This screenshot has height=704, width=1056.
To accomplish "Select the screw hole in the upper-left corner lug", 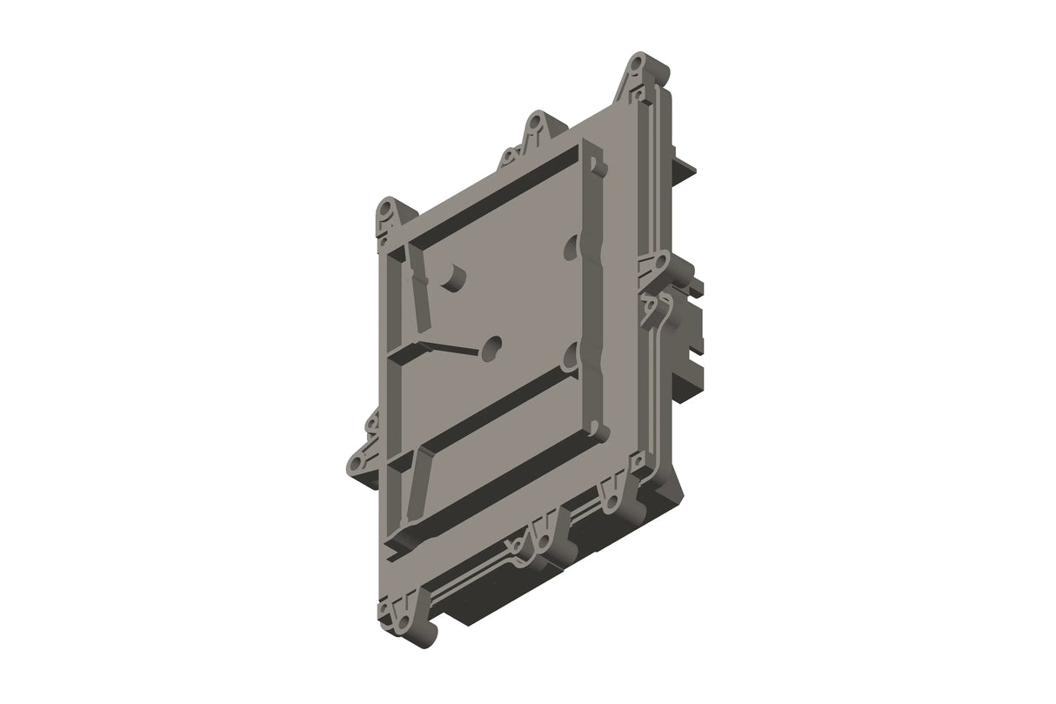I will [x=386, y=211].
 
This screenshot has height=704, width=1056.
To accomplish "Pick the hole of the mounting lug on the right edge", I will [x=660, y=260].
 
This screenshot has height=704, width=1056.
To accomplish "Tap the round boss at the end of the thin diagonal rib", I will [x=493, y=347].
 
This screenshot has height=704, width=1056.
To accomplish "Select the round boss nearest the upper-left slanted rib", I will [x=453, y=276].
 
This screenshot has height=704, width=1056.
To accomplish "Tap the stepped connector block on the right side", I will [x=692, y=331].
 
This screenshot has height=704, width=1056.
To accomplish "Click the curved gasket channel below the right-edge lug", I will [x=659, y=318].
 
